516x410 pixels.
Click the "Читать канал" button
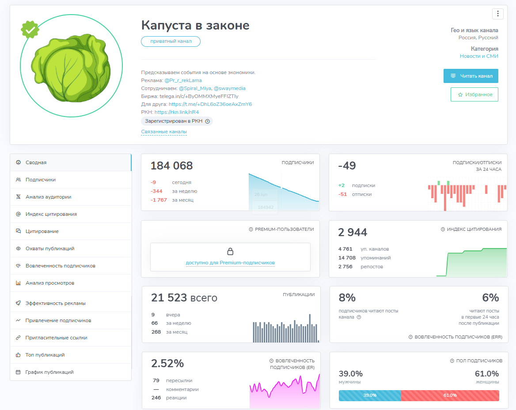[x=470, y=76]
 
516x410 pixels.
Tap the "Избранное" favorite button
[x=474, y=94]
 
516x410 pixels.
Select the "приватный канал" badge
[x=171, y=41]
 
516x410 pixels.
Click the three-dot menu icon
[x=497, y=14]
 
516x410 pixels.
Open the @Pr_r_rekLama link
[x=183, y=81]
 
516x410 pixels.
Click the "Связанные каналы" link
[x=164, y=132]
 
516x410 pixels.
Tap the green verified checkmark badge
[x=30, y=30]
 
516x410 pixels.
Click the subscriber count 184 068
[x=171, y=166]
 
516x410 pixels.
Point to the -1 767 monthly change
[x=159, y=200]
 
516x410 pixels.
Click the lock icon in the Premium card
[x=230, y=252]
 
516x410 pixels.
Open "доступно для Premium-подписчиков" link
[x=230, y=263]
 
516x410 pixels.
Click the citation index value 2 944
[x=353, y=233]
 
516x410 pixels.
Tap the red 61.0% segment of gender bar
[x=450, y=395]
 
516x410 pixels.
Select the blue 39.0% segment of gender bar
[x=370, y=395]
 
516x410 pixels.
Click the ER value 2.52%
[x=167, y=364]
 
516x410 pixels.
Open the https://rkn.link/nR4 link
[x=177, y=112]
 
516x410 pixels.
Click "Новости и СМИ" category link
[x=479, y=56]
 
